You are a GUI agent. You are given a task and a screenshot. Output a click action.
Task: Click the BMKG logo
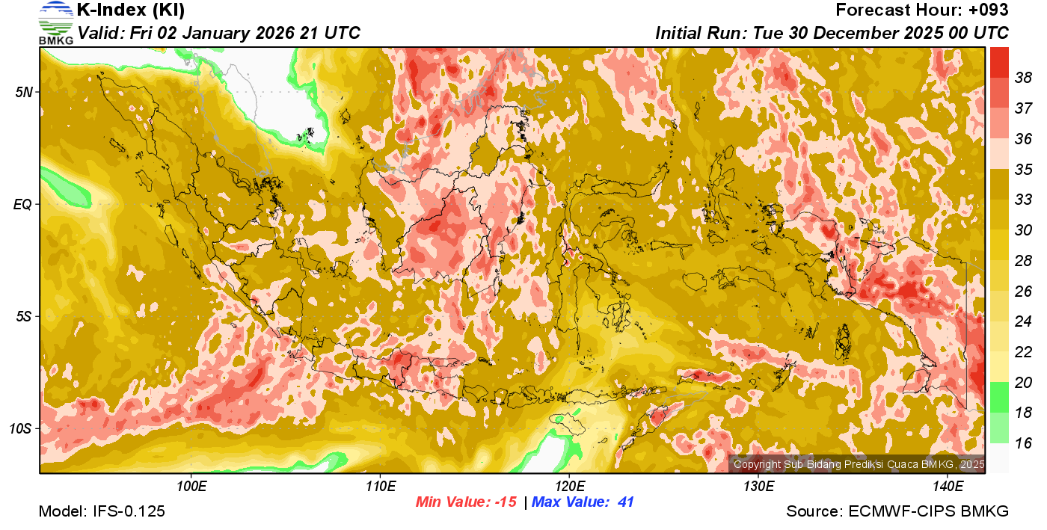point(55,23)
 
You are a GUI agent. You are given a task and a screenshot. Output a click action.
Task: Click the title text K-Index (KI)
point(131,10)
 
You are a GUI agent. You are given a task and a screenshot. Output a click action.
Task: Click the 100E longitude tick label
point(191,487)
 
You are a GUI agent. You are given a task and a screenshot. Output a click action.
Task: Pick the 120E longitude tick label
point(568,487)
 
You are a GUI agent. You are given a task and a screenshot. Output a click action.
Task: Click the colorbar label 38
point(1023,77)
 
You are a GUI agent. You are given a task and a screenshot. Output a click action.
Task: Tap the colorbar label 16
point(1023,443)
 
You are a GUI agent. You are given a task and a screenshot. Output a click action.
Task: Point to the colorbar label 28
point(1023,260)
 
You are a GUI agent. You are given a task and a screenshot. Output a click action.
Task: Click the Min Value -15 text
point(466,502)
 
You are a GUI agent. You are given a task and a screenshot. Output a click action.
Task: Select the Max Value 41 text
point(583,502)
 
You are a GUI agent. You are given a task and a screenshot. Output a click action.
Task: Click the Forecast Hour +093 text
point(922,10)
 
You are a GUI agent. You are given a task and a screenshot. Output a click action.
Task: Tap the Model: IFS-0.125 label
point(102,511)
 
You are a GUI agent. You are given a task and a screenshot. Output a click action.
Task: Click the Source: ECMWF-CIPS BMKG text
point(897,511)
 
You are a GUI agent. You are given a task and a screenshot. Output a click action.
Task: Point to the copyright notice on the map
point(859,465)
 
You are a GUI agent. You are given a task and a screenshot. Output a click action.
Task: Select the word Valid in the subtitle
point(101,33)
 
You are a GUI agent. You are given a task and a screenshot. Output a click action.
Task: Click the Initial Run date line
point(832,33)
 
